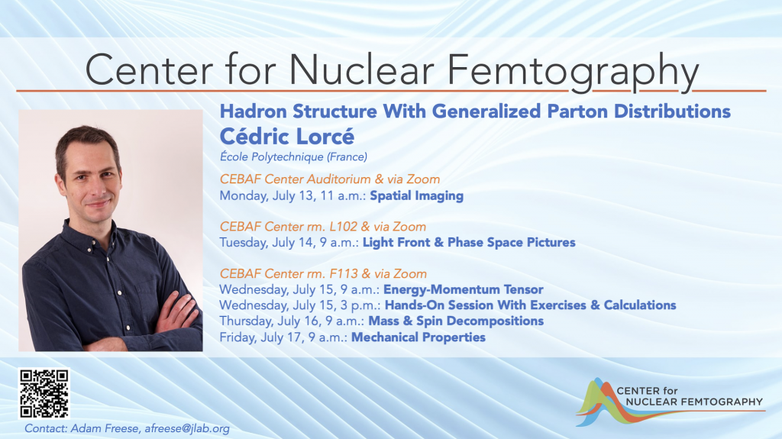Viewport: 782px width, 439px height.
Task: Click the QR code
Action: tap(44, 394)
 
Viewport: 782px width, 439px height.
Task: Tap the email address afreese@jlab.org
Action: tap(187, 428)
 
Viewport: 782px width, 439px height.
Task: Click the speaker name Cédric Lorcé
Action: tap(287, 136)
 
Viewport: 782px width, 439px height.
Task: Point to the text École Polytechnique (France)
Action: tap(293, 157)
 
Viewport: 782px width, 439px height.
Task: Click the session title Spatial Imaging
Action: tap(416, 195)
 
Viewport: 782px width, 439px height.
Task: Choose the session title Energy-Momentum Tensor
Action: tap(463, 289)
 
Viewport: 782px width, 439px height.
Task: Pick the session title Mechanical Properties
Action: tap(418, 337)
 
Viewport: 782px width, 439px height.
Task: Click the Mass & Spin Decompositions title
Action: tap(456, 321)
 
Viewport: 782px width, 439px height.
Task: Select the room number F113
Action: tap(344, 274)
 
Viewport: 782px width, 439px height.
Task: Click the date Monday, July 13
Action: tap(267, 195)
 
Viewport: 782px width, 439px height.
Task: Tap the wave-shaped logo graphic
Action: tap(599, 402)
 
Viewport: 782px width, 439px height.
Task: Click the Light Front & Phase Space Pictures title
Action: tap(469, 243)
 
